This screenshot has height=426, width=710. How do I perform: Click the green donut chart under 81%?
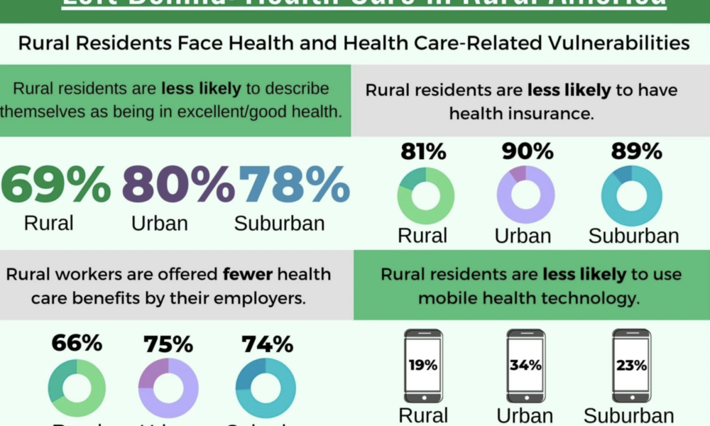tap(425, 195)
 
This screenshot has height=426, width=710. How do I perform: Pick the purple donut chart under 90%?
tap(525, 195)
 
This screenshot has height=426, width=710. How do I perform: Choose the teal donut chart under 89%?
tap(631, 195)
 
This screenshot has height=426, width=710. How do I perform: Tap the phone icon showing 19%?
tap(423, 366)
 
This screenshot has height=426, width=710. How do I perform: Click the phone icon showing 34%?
tap(525, 366)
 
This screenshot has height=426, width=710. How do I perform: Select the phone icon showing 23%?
tap(631, 366)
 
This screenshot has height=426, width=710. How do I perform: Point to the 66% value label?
tap(77, 344)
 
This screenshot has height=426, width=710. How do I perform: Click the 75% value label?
tap(168, 344)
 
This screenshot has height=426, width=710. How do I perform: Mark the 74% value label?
tap(267, 344)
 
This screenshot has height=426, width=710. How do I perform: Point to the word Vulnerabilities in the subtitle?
tap(613, 43)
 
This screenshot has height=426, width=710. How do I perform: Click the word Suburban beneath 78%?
tap(279, 223)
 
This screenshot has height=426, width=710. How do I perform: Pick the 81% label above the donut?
tap(423, 151)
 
